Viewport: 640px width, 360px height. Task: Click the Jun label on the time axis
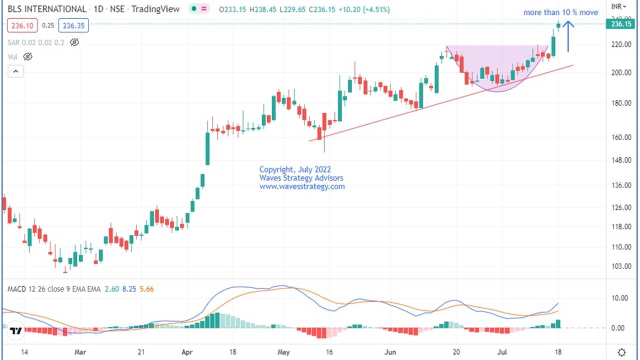[x=390, y=352]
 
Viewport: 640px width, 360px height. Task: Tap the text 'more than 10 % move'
[x=560, y=12]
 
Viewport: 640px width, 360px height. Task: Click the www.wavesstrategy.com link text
[x=302, y=186]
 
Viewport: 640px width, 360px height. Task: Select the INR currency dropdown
[x=619, y=6]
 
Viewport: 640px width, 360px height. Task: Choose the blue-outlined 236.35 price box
[x=73, y=25]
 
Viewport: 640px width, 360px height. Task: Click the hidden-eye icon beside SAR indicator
[x=74, y=42]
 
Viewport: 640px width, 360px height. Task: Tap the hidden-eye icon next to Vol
[x=28, y=57]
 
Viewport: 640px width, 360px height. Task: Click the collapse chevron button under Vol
[x=15, y=71]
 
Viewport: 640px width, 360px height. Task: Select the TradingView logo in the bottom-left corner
[x=15, y=331]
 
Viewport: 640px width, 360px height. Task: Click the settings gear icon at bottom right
[x=621, y=352]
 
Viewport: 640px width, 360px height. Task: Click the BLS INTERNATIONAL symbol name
[x=47, y=9]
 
